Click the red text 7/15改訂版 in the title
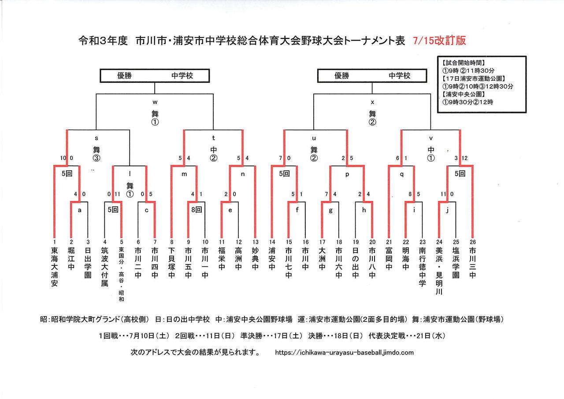[439, 41]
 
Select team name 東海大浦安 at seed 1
[54, 267]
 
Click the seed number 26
[473, 242]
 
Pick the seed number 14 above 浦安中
[271, 242]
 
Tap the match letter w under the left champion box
[155, 102]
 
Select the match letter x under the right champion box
[372, 102]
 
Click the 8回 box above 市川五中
[196, 210]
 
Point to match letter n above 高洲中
[243, 174]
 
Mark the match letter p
[347, 174]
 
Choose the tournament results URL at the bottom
[344, 353]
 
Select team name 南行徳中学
[423, 267]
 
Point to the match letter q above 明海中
[401, 174]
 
